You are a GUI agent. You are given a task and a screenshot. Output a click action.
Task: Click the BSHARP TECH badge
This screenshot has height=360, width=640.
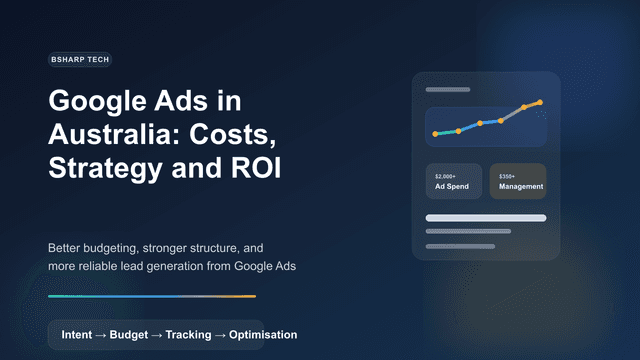pos(79,60)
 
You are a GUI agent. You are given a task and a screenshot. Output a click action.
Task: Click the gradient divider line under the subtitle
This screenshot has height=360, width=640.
pos(151,296)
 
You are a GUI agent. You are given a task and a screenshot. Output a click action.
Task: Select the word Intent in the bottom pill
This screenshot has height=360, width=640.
pos(77,334)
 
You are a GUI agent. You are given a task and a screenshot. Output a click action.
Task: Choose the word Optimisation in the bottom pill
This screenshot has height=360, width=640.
pos(262,334)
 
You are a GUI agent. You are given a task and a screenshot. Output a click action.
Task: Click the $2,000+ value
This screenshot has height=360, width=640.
pos(445,176)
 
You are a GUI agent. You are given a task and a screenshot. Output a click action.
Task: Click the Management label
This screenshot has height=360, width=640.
pos(521,187)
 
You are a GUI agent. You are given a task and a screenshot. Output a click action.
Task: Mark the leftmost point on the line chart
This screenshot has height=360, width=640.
pos(435,134)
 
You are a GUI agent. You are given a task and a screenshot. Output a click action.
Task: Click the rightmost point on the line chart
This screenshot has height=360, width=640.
pos(540,102)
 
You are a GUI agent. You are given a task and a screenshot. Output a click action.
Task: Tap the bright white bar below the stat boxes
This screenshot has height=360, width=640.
pos(486,217)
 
